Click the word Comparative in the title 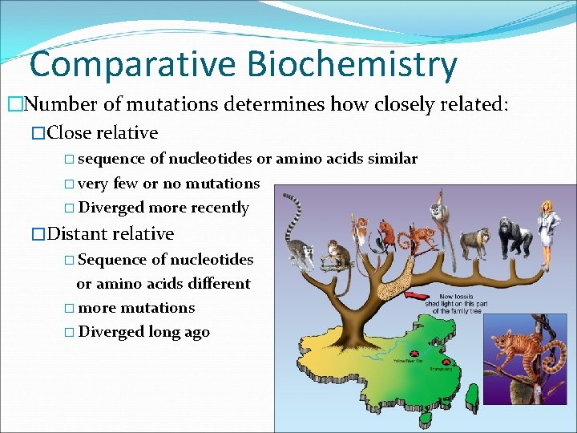[132, 64]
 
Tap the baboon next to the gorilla [478, 238]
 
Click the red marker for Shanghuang [441, 359]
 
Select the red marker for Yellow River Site [415, 353]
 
